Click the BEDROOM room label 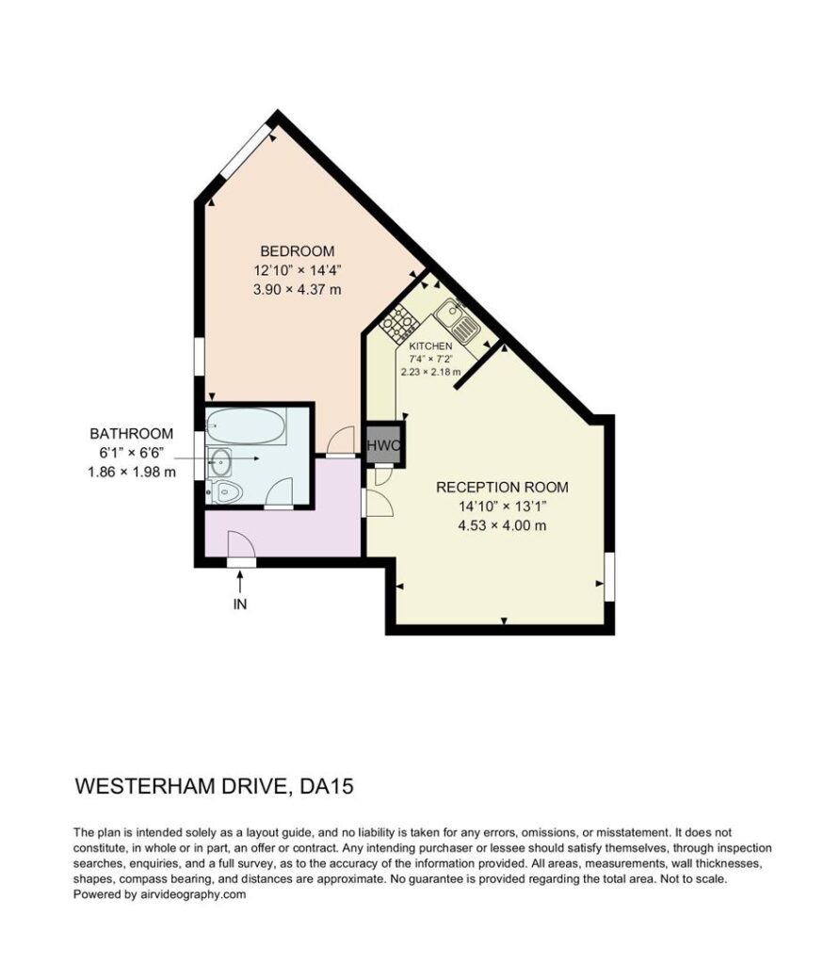coord(297,250)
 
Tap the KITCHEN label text coord(430,346)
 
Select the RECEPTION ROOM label coord(502,487)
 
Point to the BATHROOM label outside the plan coord(132,433)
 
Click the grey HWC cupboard coord(384,445)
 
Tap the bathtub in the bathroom coord(246,426)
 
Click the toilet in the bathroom coord(225,491)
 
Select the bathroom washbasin coord(219,461)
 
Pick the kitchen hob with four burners coord(397,323)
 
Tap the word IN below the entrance coord(240,604)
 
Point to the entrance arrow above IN coord(240,581)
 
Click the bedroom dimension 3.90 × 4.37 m coord(297,289)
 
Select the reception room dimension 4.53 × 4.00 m coord(502,525)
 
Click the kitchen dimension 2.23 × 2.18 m coord(430,372)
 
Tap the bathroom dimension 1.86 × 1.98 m coord(132,473)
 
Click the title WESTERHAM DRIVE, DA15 coord(214,786)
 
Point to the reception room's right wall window coord(608,577)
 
